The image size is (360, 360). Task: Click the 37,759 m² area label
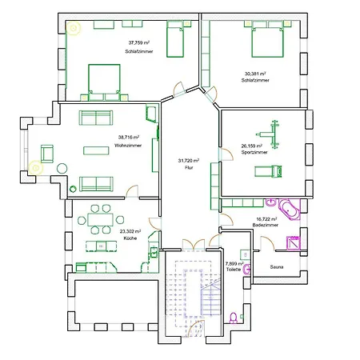click(141, 43)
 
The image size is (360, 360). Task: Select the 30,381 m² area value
click(257, 74)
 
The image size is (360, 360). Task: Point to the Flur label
click(188, 168)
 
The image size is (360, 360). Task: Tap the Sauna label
click(277, 267)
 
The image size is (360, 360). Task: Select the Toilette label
click(234, 270)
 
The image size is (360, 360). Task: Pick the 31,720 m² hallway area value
click(188, 161)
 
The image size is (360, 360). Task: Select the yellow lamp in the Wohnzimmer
click(34, 168)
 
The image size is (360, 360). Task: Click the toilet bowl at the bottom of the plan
click(233, 318)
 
